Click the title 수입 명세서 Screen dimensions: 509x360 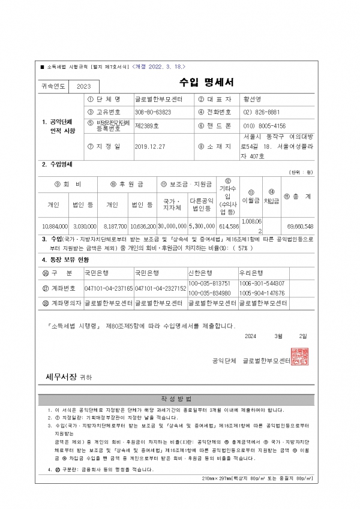(206, 83)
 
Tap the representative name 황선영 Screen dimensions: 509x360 (251, 99)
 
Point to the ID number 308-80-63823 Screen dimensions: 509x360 (153, 112)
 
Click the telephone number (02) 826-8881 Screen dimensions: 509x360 (262, 112)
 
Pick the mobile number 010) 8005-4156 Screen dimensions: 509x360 (264, 126)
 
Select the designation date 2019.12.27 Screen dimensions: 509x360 (150, 146)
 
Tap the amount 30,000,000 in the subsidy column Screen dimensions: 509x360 (172, 227)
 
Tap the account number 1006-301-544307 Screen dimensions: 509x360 (262, 283)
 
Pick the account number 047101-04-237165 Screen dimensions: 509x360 (109, 288)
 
